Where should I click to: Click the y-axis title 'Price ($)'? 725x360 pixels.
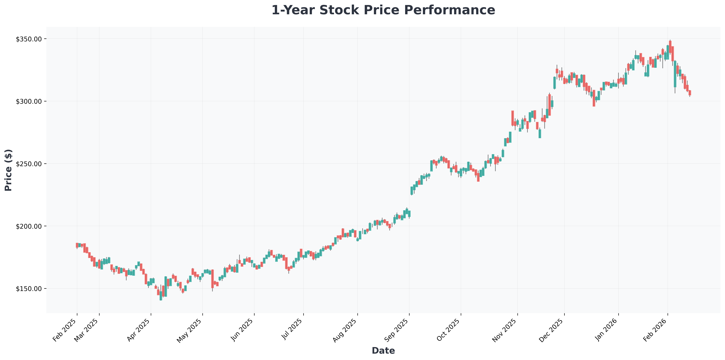coord(9,170)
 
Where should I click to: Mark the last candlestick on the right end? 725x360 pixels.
coord(690,93)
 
